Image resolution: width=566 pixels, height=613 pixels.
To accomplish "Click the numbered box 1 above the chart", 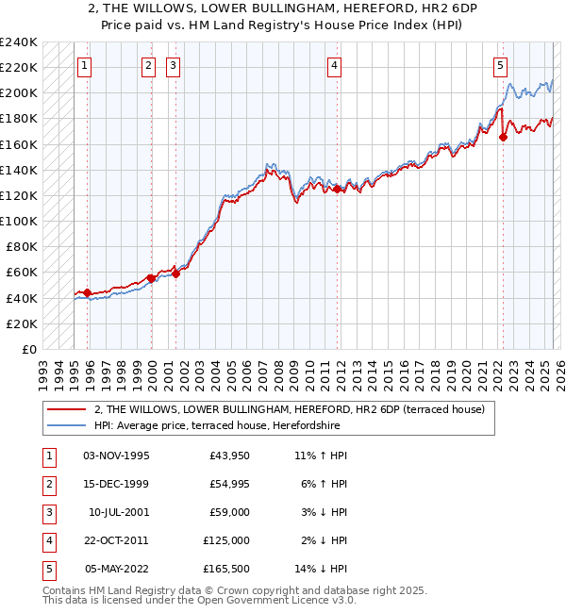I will click(85, 65).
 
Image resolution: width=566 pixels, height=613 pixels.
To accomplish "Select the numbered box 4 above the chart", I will click(335, 65).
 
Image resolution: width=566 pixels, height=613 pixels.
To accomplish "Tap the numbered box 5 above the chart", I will click(500, 65).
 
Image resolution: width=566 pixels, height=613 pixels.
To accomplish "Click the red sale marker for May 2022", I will click(503, 137).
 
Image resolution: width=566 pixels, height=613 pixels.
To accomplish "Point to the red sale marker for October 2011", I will click(337, 189).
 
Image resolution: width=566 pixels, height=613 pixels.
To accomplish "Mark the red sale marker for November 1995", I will click(87, 292).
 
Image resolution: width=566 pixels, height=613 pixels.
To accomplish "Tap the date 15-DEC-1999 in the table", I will click(116, 484).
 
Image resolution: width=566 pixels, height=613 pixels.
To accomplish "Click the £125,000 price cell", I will click(226, 540).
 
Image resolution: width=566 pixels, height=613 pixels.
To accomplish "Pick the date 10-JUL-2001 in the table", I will click(118, 512).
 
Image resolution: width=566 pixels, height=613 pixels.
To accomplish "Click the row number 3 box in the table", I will click(47, 512).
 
